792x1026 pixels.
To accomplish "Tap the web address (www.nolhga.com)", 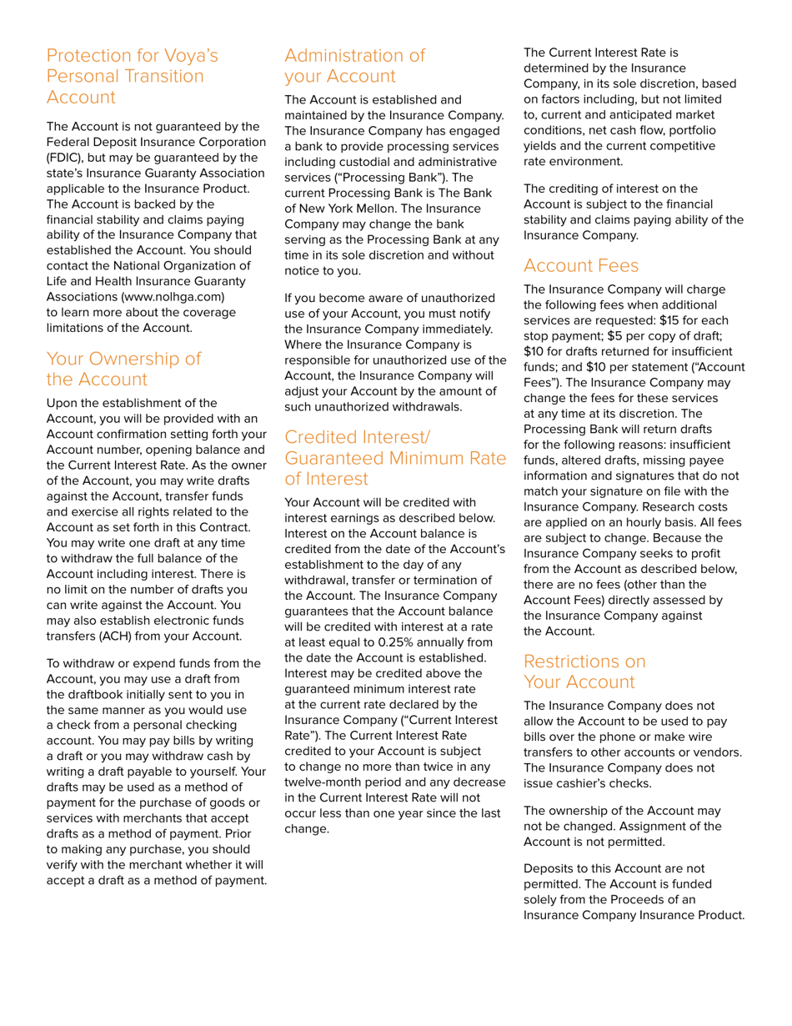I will point(173,296).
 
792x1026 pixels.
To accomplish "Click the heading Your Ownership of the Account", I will point(123,369).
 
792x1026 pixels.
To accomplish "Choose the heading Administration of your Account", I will point(354,66).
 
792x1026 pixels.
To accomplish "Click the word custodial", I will point(364,163).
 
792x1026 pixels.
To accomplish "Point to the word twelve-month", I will point(324,782).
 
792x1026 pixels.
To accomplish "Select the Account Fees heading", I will point(581,266).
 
